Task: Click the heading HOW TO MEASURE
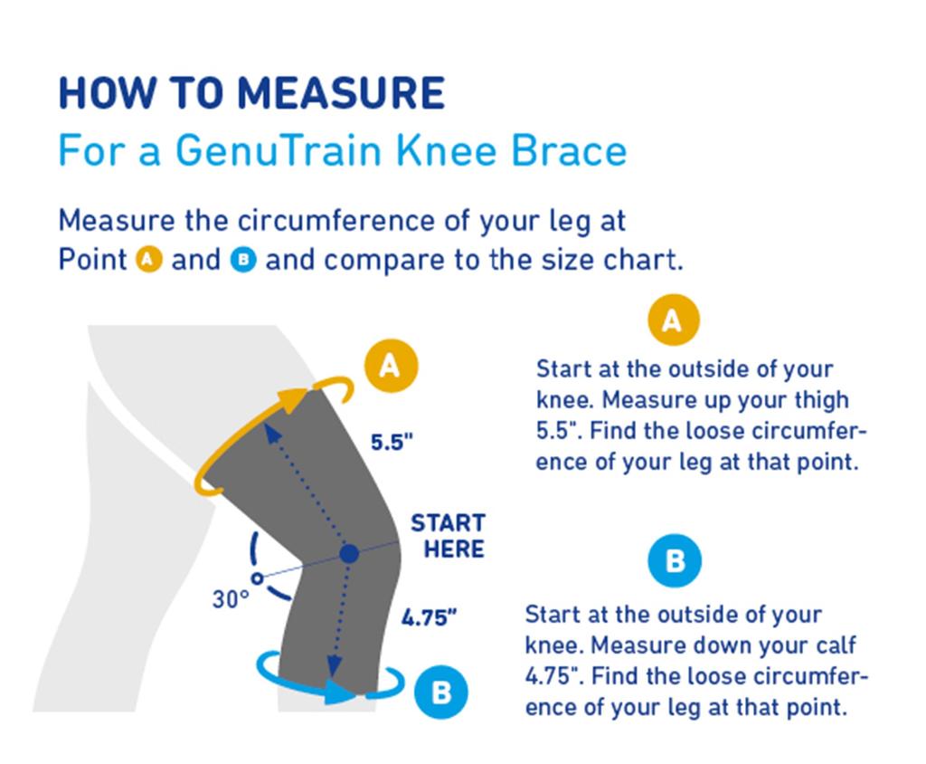pos(251,94)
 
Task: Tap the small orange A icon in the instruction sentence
pos(148,261)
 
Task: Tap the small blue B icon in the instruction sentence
pos(243,261)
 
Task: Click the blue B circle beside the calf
pos(440,692)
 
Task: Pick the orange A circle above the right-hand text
pos(673,320)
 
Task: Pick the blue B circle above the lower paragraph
pos(675,561)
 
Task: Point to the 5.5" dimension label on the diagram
pos(392,443)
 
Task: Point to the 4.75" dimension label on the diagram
pos(429,619)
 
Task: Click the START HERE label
pos(449,536)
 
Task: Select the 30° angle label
pos(231,599)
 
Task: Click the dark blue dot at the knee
pos(349,553)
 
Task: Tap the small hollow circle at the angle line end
pos(258,576)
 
